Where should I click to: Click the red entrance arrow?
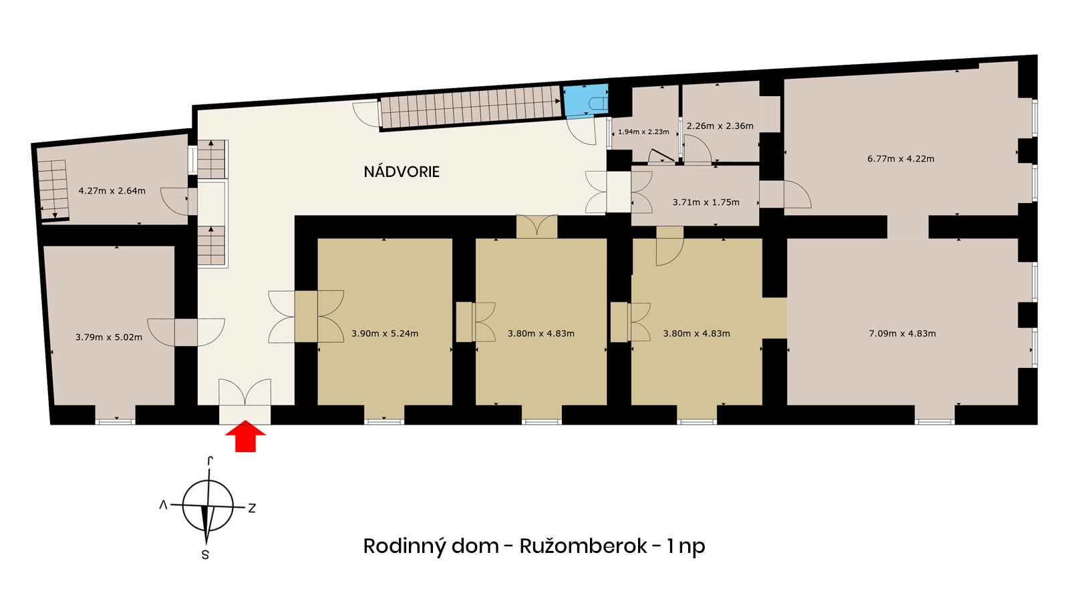[245, 436]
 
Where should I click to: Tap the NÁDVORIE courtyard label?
[402, 172]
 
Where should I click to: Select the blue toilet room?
[586, 100]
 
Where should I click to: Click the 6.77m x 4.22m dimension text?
[901, 159]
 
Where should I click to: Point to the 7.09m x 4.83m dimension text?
[902, 333]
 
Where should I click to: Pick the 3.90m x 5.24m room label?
[385, 333]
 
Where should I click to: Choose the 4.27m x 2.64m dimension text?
[112, 191]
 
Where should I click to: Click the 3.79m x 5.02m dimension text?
[109, 337]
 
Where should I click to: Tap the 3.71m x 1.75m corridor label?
[706, 202]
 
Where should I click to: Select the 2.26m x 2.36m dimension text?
[720, 126]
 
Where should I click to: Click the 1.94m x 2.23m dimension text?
[643, 132]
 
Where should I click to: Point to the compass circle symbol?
[208, 506]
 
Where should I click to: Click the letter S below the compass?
[205, 555]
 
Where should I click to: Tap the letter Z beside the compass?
[251, 508]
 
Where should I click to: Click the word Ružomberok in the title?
[583, 546]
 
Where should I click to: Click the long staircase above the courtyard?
[470, 107]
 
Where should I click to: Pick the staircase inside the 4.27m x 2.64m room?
[53, 190]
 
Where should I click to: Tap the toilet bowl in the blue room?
[598, 104]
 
